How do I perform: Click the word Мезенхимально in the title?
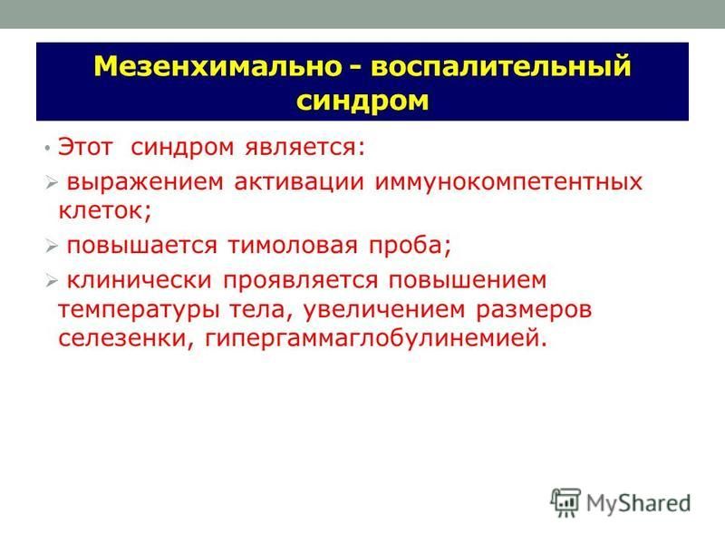pos(217,66)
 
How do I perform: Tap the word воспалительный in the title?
pos(501,67)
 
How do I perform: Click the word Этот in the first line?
pos(85,147)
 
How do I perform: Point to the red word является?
pos(305,149)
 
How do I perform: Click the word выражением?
pos(145,182)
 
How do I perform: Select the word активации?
pos(299,182)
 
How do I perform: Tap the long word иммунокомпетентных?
pos(508,182)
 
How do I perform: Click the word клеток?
pos(105,211)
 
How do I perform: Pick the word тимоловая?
pos(293,245)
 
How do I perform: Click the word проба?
pos(410,246)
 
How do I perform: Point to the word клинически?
pos(140,281)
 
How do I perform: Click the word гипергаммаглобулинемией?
pos(376,338)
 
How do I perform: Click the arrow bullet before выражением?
pos(52,183)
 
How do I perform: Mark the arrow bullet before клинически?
pos(52,280)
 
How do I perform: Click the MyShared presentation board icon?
pos(565,502)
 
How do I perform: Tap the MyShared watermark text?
pos(638,503)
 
